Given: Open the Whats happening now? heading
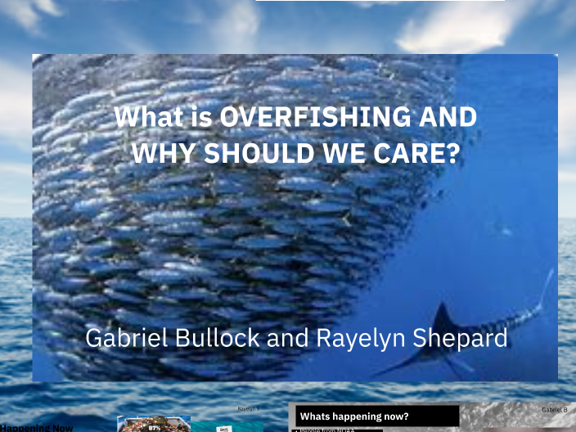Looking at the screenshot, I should click(354, 416).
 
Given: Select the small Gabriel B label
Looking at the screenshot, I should click(554, 408).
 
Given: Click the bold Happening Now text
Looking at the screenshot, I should click(36, 427).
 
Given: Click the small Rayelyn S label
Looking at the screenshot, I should click(248, 407).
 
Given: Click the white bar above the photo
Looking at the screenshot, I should click(380, 1).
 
